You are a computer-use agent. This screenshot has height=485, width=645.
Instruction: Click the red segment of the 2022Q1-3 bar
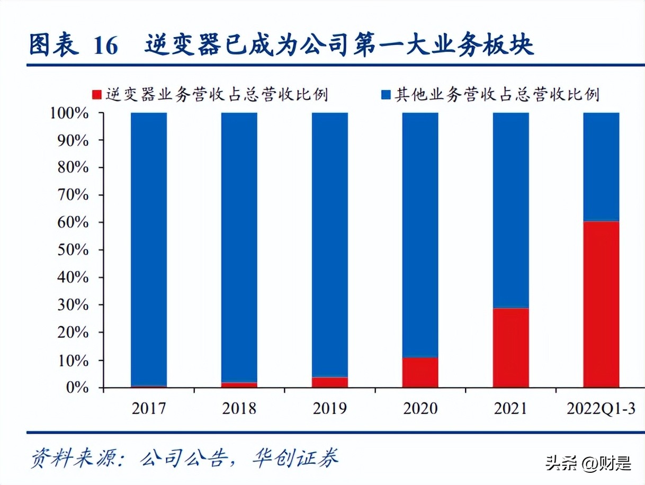click(601, 304)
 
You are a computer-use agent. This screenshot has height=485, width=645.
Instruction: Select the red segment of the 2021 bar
click(510, 348)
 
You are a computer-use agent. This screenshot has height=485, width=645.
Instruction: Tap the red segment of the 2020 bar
click(420, 373)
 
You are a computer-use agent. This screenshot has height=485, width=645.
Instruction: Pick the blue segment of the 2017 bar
click(149, 249)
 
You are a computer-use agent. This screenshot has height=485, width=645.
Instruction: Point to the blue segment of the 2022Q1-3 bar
click(601, 167)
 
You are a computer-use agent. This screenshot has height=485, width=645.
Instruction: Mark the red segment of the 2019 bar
click(329, 382)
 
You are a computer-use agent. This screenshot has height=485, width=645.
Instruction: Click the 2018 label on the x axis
click(239, 409)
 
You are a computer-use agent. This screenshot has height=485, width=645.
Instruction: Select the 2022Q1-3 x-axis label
click(601, 409)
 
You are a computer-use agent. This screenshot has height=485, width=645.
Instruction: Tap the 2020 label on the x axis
click(420, 409)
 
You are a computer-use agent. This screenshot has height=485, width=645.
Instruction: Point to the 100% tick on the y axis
click(69, 113)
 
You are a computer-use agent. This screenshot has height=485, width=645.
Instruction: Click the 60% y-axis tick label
click(72, 222)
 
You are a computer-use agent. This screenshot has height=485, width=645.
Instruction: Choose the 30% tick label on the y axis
click(72, 305)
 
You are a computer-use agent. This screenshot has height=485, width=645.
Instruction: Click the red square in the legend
click(96, 95)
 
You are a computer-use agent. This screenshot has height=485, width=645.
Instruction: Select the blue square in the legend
click(386, 95)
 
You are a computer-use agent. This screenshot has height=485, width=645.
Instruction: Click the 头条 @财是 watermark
click(588, 463)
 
